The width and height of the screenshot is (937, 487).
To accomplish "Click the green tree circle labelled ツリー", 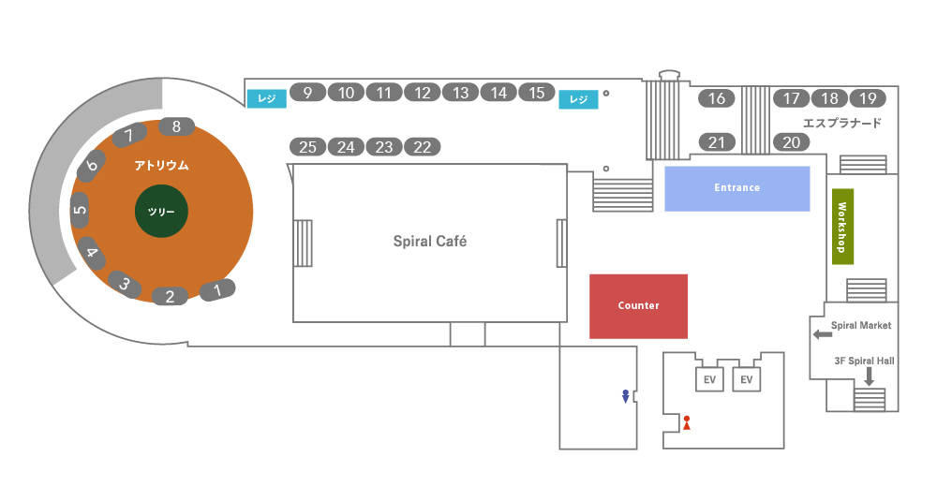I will click(161, 212).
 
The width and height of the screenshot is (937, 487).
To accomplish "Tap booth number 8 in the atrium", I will click(176, 126).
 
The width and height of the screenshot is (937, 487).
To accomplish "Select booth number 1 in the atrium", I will click(217, 290).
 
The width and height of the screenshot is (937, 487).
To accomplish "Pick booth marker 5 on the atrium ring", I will click(80, 210).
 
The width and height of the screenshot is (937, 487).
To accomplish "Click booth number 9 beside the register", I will click(307, 92).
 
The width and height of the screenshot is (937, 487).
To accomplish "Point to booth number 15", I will click(537, 92).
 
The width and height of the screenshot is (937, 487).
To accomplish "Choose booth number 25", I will click(308, 147).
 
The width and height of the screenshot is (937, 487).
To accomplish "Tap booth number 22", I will click(422, 147).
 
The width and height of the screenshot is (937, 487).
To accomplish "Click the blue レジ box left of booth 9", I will click(266, 98).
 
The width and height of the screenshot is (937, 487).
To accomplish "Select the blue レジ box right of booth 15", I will click(578, 99).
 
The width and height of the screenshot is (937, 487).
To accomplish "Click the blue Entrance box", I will click(736, 188).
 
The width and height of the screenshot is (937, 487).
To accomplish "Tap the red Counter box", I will click(638, 306).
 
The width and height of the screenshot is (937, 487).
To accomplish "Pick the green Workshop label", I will click(841, 228).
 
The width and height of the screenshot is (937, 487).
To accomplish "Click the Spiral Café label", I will click(429, 242).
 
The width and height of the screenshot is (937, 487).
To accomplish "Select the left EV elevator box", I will click(710, 379).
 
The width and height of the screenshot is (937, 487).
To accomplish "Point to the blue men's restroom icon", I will click(625, 396).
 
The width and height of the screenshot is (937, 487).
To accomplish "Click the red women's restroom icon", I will click(687, 422).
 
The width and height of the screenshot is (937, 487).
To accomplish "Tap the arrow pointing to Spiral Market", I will click(822, 334).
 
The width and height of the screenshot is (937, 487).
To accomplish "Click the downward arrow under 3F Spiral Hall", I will click(869, 376).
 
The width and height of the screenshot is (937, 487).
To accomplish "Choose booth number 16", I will click(717, 98).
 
